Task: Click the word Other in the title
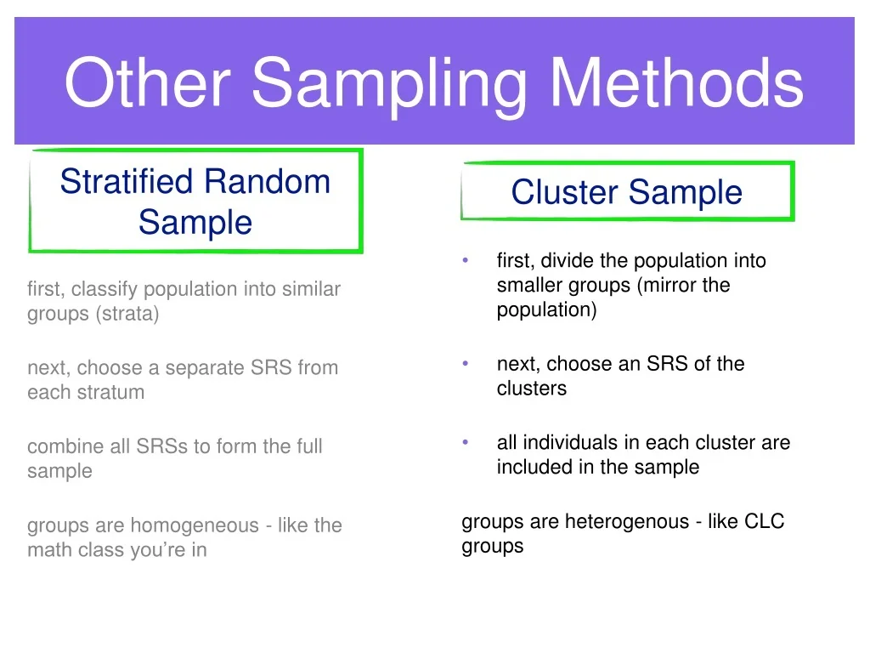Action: click(148, 83)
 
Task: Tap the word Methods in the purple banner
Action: click(676, 83)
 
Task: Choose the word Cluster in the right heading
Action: click(564, 192)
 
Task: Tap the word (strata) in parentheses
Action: click(127, 314)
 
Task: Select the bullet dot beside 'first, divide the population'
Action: click(466, 260)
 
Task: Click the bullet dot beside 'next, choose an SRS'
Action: click(466, 363)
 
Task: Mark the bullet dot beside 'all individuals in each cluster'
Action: click(466, 442)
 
